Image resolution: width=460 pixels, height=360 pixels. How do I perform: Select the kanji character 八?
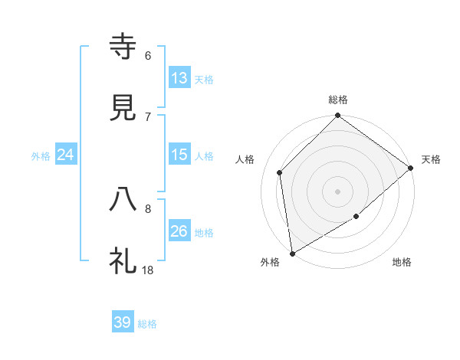(x=123, y=201)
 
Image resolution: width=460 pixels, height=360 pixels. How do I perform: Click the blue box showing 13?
(x=179, y=77)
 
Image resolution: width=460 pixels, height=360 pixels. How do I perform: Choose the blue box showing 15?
(x=179, y=155)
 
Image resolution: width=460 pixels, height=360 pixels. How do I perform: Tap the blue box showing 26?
(x=179, y=231)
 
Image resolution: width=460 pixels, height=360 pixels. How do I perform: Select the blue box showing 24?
(x=66, y=155)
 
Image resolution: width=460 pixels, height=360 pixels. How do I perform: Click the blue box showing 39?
(x=123, y=322)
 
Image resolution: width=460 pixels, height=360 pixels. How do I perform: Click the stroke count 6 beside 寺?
(x=148, y=55)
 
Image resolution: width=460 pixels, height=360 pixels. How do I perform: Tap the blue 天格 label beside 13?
(x=204, y=79)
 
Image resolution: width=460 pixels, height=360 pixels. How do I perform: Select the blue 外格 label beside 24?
(x=41, y=156)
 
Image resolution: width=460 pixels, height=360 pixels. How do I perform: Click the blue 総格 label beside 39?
(x=147, y=324)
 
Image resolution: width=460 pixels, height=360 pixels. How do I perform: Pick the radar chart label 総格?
(x=338, y=100)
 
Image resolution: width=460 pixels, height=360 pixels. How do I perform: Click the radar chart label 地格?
(x=402, y=263)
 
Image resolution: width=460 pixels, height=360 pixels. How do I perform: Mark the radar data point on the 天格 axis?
(x=411, y=168)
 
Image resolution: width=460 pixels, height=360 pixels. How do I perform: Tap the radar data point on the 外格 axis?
(x=292, y=254)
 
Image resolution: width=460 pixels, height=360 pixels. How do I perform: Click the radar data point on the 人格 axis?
(x=280, y=172)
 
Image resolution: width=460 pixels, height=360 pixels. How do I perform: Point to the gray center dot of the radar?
(x=338, y=191)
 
